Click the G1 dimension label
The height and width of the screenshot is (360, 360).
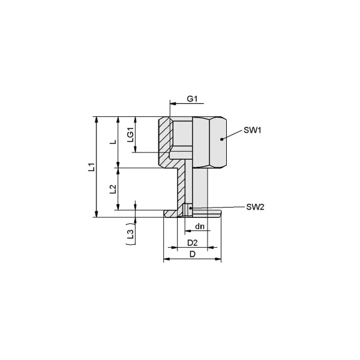coord(192,99)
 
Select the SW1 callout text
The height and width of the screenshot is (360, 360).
coord(253,130)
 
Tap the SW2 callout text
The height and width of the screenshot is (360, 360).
coord(255,207)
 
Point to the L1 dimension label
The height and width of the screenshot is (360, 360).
coord(92,167)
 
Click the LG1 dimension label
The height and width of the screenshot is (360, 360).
coord(130,134)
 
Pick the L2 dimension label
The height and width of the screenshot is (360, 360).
coord(113,189)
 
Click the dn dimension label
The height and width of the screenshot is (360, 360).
coord(200,227)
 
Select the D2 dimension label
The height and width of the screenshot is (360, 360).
coord(193,243)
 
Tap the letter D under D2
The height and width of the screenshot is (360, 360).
coord(193,254)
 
